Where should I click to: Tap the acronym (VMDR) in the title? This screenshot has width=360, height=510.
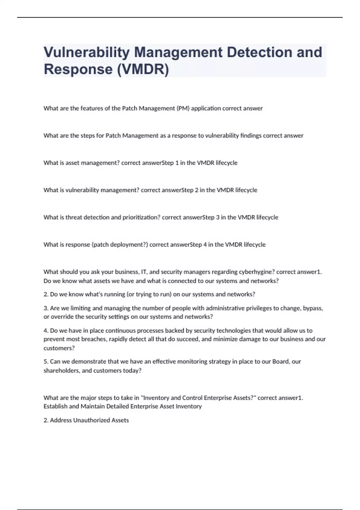pyautogui.click(x=143, y=69)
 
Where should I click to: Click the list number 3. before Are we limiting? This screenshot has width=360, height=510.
pyautogui.click(x=46, y=308)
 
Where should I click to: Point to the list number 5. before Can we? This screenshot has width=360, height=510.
pyautogui.click(x=46, y=361)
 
